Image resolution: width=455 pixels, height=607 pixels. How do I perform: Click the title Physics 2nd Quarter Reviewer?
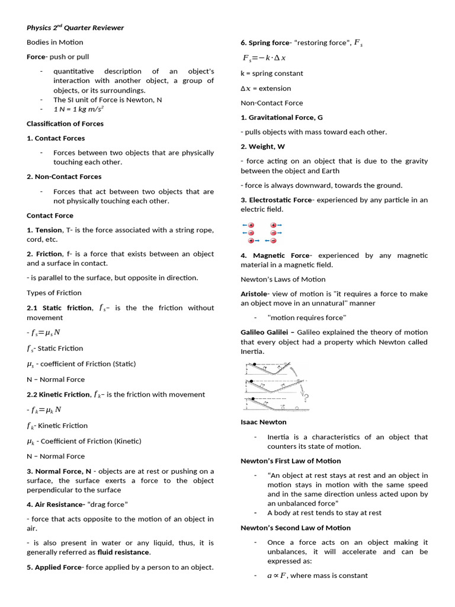point(75,27)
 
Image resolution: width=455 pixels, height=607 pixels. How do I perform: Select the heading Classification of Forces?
point(65,123)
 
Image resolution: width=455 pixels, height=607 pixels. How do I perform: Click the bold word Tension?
point(48,230)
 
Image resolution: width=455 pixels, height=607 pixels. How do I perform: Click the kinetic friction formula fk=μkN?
point(46,410)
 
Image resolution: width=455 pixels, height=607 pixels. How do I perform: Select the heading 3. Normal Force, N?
point(59,471)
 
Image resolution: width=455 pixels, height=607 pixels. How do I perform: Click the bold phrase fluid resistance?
point(124,552)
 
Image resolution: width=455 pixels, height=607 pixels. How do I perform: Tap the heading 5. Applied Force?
point(55,567)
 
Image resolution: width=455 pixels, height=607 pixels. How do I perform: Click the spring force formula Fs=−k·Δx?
point(264,58)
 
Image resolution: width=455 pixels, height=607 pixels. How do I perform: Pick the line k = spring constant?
point(271,74)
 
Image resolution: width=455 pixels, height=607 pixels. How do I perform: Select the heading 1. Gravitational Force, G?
point(281,117)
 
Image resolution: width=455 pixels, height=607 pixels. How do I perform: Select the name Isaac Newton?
point(263,422)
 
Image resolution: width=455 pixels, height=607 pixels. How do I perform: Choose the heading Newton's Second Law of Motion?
point(295,528)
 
